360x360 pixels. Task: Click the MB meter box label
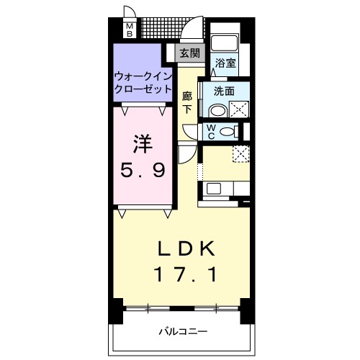point(130,30)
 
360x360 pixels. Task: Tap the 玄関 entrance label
point(190,53)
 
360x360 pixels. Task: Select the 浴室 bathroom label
point(225,63)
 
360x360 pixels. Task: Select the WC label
point(211,131)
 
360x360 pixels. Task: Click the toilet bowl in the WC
point(229,132)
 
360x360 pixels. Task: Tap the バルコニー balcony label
point(183,331)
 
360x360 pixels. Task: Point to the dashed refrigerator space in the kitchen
point(240,154)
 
